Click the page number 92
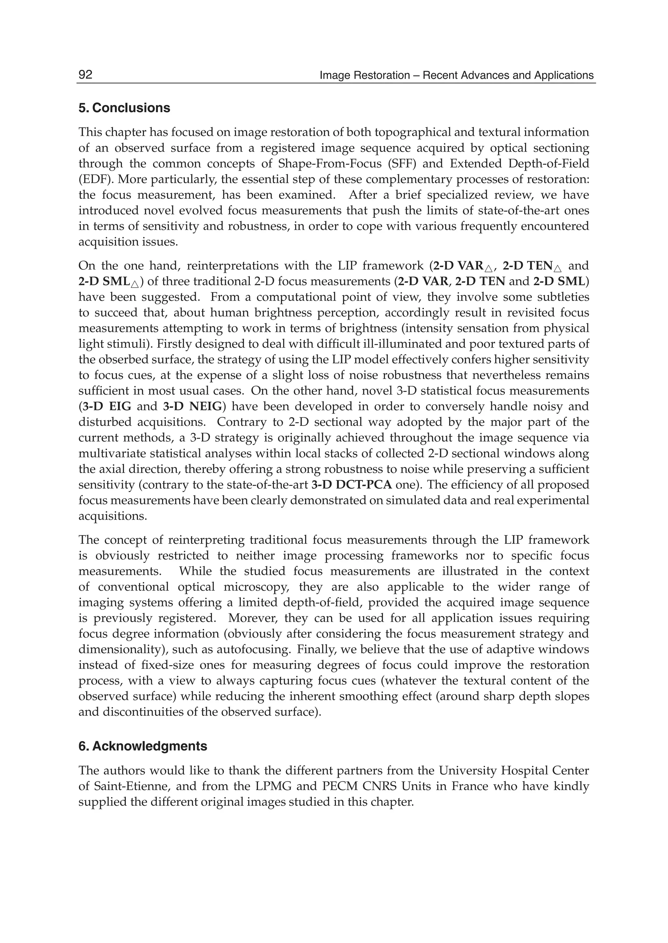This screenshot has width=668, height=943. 85,75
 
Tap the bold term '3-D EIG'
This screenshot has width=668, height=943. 107,406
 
